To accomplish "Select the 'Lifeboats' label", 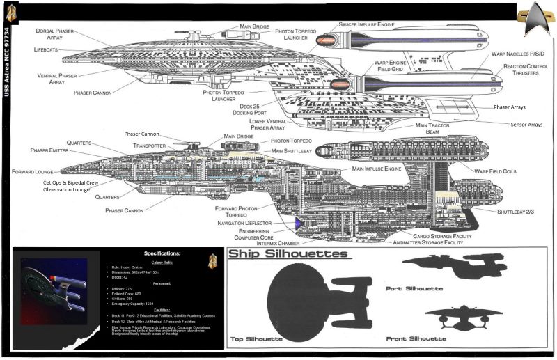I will click(x=51, y=50).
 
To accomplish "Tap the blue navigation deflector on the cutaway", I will click(x=298, y=224).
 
